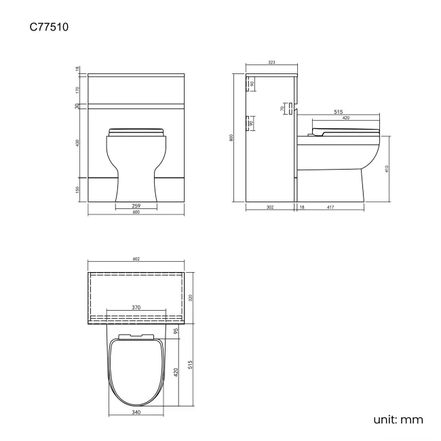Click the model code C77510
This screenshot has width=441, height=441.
(48, 28)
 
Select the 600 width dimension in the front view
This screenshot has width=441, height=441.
(136, 212)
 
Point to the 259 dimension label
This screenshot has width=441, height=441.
(136, 205)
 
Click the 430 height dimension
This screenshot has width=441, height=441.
(78, 143)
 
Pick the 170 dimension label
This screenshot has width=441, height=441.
(78, 89)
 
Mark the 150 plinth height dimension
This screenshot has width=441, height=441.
(78, 189)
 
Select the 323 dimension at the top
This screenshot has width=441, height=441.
(271, 62)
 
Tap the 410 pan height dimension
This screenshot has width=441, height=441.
(387, 168)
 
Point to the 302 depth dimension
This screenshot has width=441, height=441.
(269, 208)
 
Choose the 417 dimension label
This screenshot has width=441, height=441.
(330, 208)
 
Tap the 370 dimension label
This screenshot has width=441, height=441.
(136, 307)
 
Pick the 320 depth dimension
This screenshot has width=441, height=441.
(191, 296)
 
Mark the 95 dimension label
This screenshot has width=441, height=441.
(175, 331)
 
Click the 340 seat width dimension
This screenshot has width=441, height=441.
(136, 411)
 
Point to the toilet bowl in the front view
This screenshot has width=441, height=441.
(136, 163)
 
